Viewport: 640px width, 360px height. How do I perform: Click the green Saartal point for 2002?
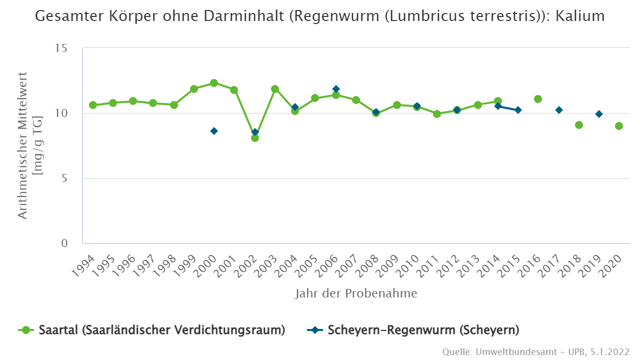click(x=255, y=138)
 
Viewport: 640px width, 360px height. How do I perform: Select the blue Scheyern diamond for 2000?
click(x=214, y=131)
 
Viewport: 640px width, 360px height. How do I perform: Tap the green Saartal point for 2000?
click(x=214, y=83)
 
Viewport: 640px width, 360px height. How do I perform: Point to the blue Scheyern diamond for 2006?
click(x=336, y=89)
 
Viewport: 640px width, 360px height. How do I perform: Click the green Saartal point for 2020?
click(x=619, y=126)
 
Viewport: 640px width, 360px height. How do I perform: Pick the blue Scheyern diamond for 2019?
click(x=599, y=114)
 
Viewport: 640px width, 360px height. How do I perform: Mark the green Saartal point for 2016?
click(x=538, y=99)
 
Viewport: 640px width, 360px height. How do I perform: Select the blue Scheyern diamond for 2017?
click(x=559, y=110)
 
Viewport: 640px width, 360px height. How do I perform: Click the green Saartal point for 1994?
click(x=93, y=105)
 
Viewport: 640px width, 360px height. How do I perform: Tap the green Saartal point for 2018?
click(x=579, y=125)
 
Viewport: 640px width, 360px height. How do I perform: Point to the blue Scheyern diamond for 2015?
click(x=518, y=110)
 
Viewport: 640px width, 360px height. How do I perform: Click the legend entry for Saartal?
click(x=152, y=330)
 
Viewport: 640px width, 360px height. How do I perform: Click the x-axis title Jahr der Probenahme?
click(x=355, y=293)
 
